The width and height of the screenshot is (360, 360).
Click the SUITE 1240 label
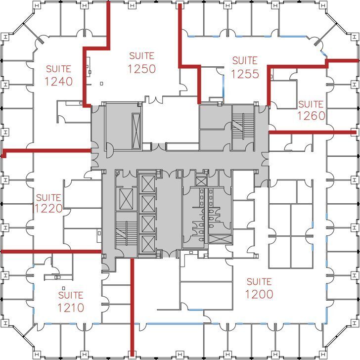coord(59,75)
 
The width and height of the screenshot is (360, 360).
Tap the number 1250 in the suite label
coord(141,69)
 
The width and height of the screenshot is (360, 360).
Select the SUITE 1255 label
coord(245,67)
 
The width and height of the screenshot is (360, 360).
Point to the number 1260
coord(311,116)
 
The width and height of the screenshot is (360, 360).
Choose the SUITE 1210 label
coord(70,302)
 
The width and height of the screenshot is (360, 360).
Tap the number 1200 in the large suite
coord(259,294)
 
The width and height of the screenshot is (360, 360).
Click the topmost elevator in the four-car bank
coord(148,183)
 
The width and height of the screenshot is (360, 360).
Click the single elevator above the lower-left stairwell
coord(124,199)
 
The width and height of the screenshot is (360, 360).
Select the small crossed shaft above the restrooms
coord(201,180)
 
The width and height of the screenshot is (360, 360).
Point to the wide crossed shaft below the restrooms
coord(218,239)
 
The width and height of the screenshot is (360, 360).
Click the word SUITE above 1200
coord(259,282)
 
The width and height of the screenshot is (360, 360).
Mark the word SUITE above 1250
coord(141,56)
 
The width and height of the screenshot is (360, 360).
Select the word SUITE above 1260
coord(311,104)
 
